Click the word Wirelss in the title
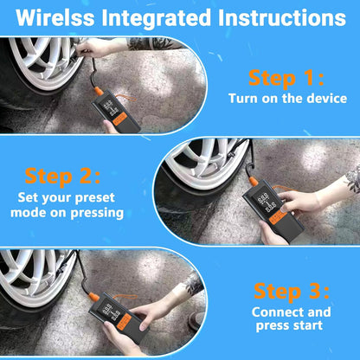click(55, 17)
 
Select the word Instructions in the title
click(282, 17)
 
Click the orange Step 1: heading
click(286, 78)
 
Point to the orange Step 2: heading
click(62, 177)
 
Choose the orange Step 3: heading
click(292, 292)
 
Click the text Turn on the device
click(287, 99)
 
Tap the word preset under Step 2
click(95, 198)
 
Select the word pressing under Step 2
click(97, 214)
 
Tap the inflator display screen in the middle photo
click(266, 202)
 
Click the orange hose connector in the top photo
click(99, 92)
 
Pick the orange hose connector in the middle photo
click(254, 182)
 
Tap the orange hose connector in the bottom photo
click(94, 295)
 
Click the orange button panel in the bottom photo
click(125, 322)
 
